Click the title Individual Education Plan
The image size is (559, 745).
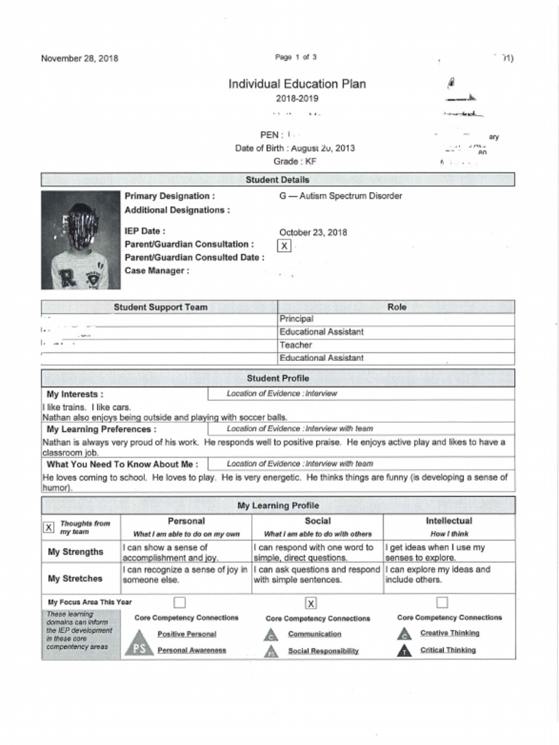coord(297,84)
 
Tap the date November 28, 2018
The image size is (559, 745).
coord(79,58)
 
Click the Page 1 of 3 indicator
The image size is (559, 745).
coord(296,57)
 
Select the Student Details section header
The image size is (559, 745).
coord(277,180)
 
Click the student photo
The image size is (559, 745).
coord(80,240)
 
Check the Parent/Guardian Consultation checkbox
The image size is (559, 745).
coord(285,246)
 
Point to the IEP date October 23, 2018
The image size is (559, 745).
coord(313,233)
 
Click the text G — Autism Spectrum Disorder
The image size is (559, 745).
coord(340,196)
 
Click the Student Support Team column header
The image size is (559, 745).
coord(160,308)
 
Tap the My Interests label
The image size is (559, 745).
coord(74,394)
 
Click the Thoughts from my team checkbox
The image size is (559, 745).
coord(49,527)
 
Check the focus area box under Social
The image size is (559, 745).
coord(311,602)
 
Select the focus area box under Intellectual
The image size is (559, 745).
coord(442,602)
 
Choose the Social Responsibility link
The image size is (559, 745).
coord(323,651)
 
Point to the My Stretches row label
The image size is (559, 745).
coord(75,578)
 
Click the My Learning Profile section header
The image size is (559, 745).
coord(277,506)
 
